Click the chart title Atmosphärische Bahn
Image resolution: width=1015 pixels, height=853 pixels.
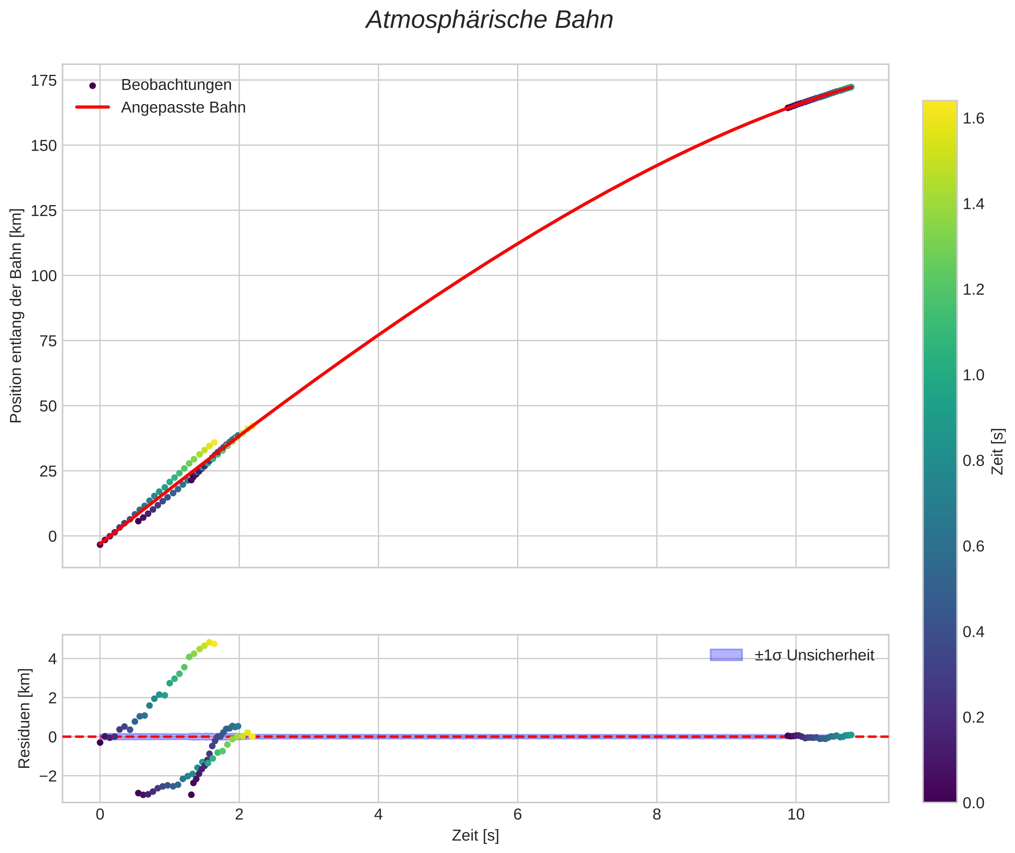coord(489,20)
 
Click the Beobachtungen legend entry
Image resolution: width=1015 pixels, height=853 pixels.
coord(176,85)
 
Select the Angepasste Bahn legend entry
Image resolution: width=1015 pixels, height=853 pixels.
coord(183,107)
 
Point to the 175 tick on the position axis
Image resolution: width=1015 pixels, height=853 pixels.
coord(44,81)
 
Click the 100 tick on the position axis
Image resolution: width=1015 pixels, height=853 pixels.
coord(44,276)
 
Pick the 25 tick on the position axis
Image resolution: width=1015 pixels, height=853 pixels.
coord(48,471)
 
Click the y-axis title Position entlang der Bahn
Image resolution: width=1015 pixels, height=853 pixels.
coord(16,316)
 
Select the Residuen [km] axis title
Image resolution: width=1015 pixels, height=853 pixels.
coord(24,719)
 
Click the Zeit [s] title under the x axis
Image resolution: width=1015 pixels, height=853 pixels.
coord(475,835)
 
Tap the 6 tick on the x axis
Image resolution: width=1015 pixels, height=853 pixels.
coord(517,814)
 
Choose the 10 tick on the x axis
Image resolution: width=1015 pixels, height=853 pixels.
coord(795,814)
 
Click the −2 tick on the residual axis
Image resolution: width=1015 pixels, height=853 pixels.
coord(47,776)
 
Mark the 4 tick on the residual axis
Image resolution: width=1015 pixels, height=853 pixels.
coord(52,659)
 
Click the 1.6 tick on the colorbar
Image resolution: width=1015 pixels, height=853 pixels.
coord(973,119)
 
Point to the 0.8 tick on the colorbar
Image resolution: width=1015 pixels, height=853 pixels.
coord(973,461)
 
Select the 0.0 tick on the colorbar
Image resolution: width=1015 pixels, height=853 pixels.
coord(973,803)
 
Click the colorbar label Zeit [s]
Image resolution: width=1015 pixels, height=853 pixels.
coord(998,452)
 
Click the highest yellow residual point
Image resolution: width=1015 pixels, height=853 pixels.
coord(209,643)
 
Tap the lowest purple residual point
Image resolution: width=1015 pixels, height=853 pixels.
coord(191,795)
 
